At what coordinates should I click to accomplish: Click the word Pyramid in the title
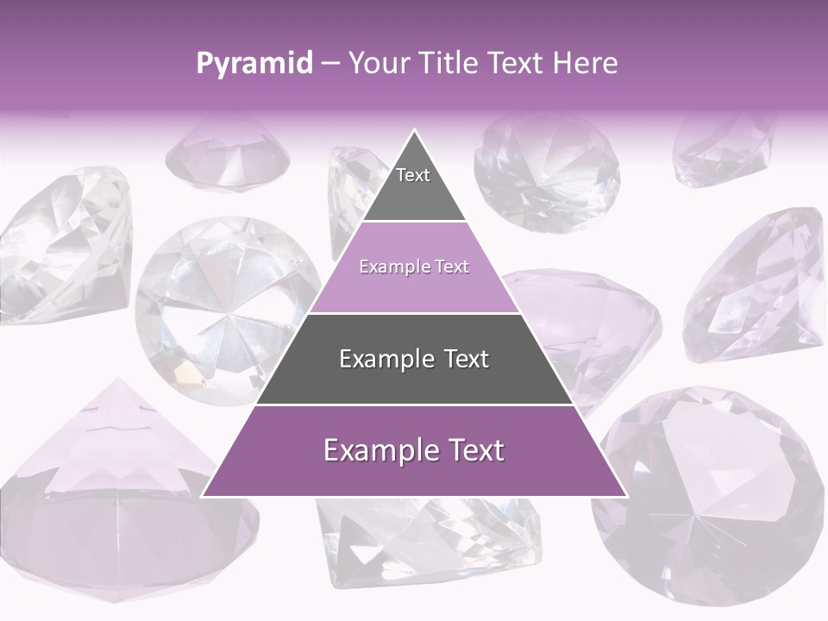254,64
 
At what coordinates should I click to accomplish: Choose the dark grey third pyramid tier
414,360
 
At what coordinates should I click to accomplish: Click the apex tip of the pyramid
414,132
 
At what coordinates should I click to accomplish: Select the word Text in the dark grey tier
466,360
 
